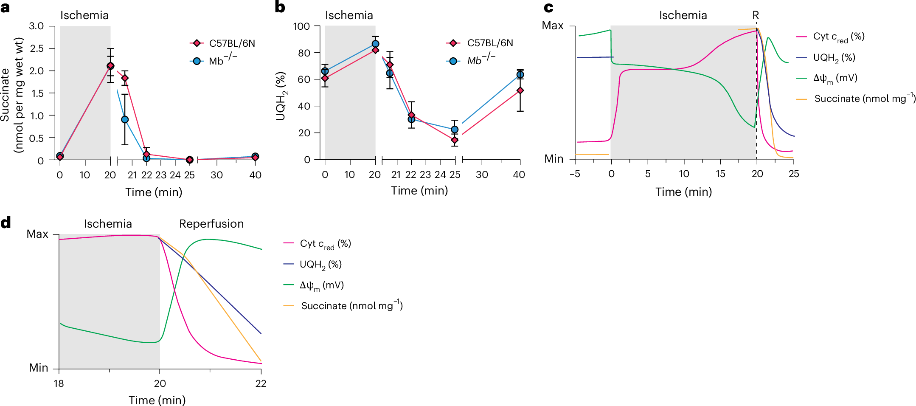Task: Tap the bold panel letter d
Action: [x=6, y=223]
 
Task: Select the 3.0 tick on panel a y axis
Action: [x=37, y=26]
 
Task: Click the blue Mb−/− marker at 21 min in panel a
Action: [x=125, y=120]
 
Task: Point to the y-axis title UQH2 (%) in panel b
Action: [x=281, y=96]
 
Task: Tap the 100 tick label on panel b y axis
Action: [x=301, y=26]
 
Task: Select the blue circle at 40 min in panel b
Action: [x=520, y=75]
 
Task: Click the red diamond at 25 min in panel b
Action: [x=455, y=140]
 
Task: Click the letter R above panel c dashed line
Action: [x=756, y=15]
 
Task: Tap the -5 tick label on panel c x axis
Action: [x=575, y=174]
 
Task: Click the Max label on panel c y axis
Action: [x=553, y=26]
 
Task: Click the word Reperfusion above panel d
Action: [x=211, y=224]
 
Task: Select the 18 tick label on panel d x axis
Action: [x=59, y=383]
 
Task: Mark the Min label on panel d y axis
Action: [x=39, y=368]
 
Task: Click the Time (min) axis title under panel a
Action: [x=154, y=192]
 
